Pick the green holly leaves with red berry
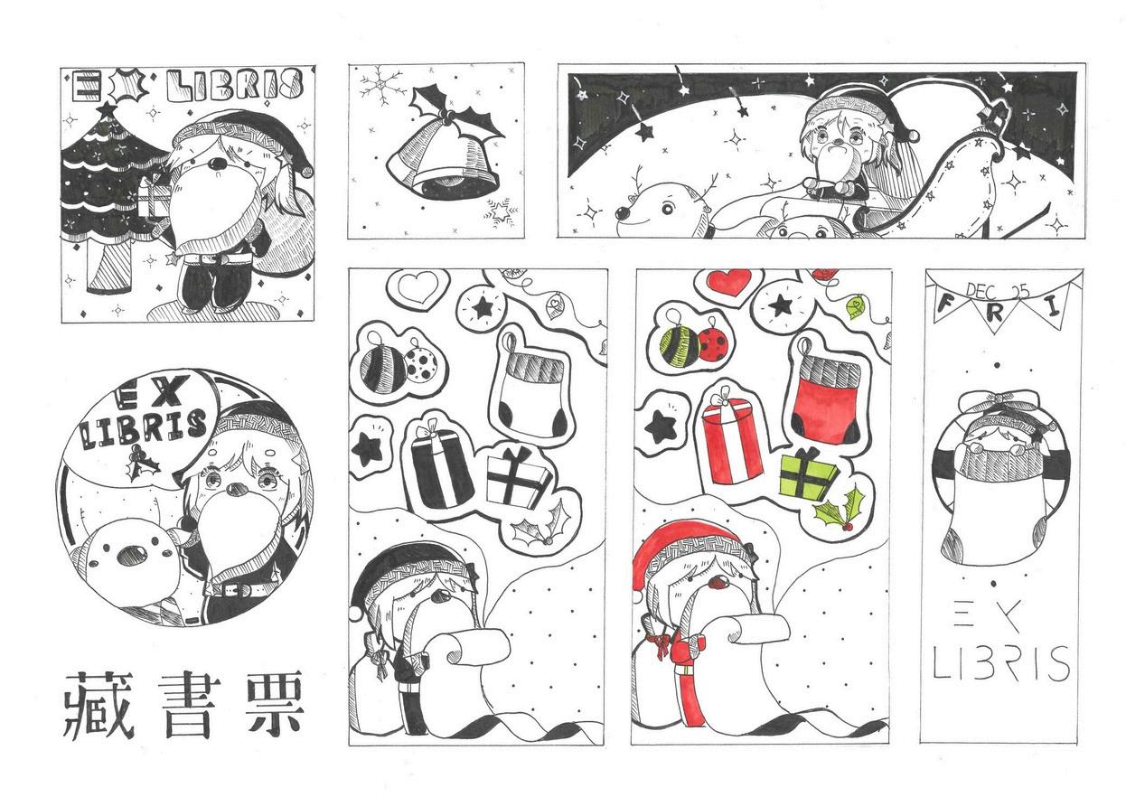click(840, 510)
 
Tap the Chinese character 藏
click(99, 705)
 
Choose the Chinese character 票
click(269, 705)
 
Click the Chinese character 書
click(190, 705)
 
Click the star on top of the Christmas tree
click(106, 109)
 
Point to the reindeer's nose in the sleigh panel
click(624, 214)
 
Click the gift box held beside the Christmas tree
click(153, 199)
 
